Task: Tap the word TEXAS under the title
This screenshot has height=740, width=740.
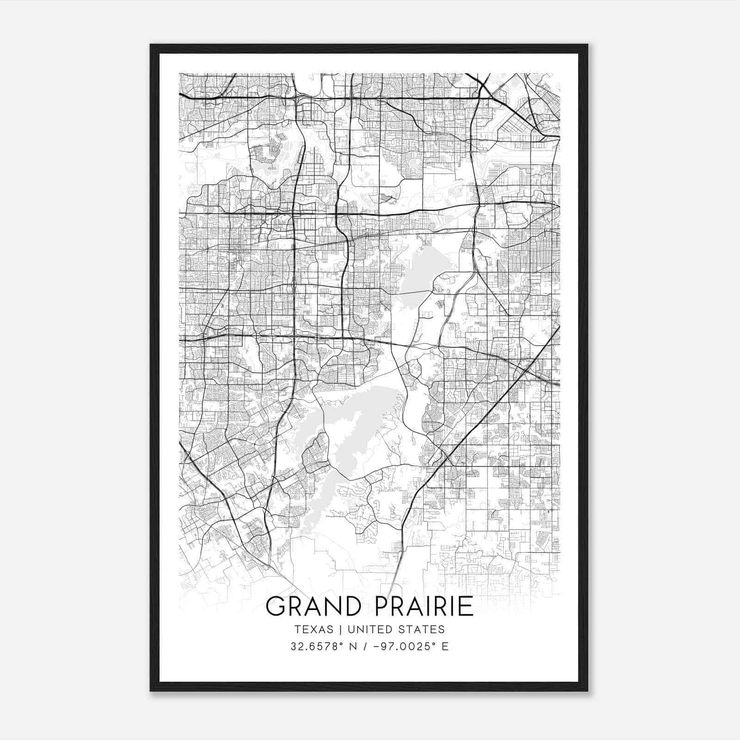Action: tap(313, 629)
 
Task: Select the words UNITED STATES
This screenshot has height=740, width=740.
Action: tap(396, 629)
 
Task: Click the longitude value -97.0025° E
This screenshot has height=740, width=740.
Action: tap(411, 647)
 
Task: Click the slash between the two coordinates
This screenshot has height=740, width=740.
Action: tap(368, 647)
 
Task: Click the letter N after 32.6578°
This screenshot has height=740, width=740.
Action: tap(356, 647)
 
